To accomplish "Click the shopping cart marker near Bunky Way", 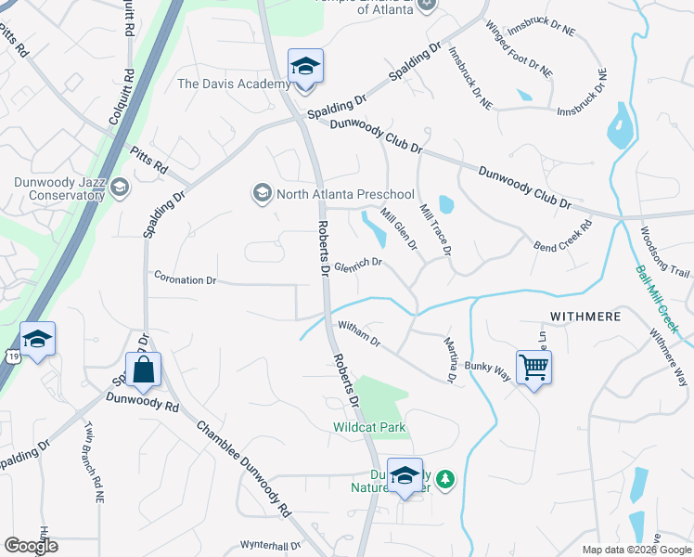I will [x=533, y=368].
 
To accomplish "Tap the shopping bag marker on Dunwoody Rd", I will [x=144, y=369].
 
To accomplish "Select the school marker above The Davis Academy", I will [x=304, y=67].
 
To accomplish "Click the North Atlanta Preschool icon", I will [x=262, y=193].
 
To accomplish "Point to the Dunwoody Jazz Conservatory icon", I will [x=119, y=188].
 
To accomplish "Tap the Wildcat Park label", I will [x=369, y=427].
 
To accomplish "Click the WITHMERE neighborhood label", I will [x=585, y=317].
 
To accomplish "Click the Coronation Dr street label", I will [x=185, y=278].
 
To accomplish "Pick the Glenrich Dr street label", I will [x=358, y=263].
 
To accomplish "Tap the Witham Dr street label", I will [x=359, y=333].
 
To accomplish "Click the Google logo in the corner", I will [x=31, y=546].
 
